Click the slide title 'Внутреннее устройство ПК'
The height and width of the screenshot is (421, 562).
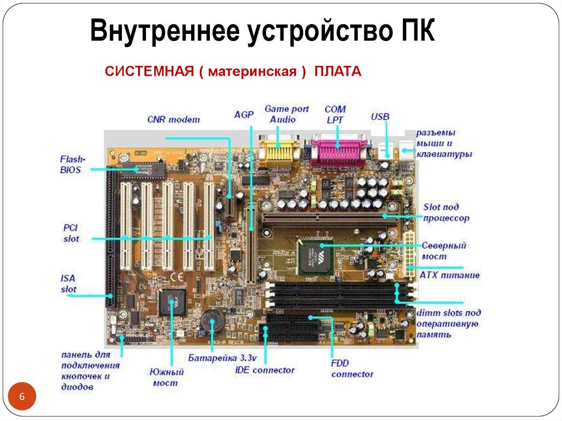tap(262, 31)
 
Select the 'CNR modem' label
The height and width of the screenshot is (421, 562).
tap(173, 119)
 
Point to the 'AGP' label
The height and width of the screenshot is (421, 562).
tap(244, 115)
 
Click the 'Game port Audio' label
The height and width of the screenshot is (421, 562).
tap(286, 114)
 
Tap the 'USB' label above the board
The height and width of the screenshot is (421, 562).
tap(380, 116)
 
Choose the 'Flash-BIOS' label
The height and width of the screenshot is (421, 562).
tap(70, 165)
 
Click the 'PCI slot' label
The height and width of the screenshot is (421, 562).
tap(71, 233)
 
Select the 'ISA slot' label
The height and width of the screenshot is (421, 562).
tap(69, 284)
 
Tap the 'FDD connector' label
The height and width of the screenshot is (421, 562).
tap(352, 368)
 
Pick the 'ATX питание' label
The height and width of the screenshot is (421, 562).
tap(449, 275)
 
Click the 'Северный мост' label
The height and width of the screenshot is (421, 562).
tap(443, 251)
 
